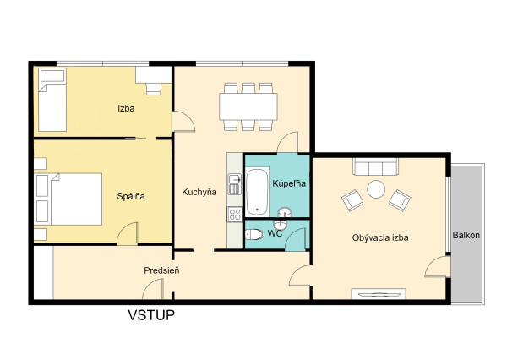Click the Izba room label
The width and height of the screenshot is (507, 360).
[x=126, y=108]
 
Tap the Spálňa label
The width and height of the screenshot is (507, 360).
[x=131, y=196]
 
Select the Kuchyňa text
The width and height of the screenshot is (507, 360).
[x=199, y=192]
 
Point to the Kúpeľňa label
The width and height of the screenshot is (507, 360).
[x=289, y=183]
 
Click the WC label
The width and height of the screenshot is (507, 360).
[x=275, y=233]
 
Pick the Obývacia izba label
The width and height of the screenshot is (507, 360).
[x=380, y=238]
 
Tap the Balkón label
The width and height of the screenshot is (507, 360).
[x=466, y=235]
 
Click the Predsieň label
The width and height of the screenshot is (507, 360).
[x=161, y=270]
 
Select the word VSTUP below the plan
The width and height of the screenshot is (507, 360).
[x=151, y=315]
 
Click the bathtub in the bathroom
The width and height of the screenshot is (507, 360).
[x=257, y=192]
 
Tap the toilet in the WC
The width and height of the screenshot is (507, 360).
[x=254, y=234]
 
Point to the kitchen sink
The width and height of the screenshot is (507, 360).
[x=235, y=184]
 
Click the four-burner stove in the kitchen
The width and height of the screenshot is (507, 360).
[x=235, y=214]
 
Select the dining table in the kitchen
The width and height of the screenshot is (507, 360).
[x=248, y=106]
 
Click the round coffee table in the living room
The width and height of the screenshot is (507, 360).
[x=376, y=189]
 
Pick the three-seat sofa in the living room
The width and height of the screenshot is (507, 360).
[x=376, y=166]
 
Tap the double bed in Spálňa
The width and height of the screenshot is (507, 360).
[x=68, y=199]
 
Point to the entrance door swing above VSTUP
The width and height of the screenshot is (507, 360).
[x=153, y=289]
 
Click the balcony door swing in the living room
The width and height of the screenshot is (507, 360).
[x=438, y=266]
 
